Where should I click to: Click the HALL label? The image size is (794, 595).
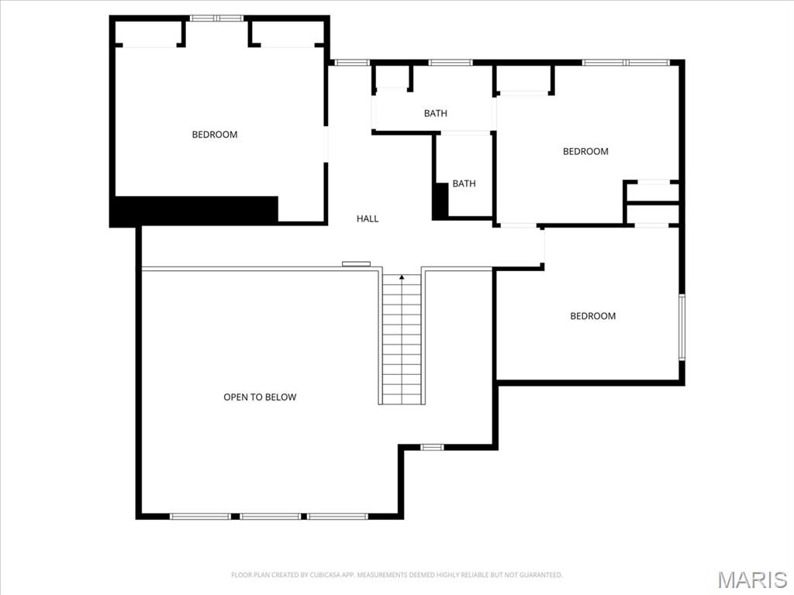(x=368, y=218)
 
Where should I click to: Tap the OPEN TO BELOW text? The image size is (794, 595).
(x=260, y=397)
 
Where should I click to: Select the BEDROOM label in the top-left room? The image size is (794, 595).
(x=215, y=135)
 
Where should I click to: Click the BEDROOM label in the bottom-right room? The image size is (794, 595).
(x=593, y=316)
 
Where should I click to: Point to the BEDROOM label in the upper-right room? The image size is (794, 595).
(x=585, y=151)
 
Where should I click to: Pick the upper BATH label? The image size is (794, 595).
(x=435, y=114)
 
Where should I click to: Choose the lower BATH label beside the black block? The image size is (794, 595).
(x=464, y=184)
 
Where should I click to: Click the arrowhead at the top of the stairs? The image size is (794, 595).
(x=402, y=276)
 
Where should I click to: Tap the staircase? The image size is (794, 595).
(x=402, y=341)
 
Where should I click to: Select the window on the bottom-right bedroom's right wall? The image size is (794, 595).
(x=682, y=326)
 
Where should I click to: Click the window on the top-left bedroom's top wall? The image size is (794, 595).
(x=217, y=18)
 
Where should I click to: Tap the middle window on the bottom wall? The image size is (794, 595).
(x=270, y=516)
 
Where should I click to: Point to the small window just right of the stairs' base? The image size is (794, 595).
(x=432, y=447)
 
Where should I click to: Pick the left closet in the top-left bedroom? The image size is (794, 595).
(x=147, y=33)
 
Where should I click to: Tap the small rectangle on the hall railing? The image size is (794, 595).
(x=356, y=263)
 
